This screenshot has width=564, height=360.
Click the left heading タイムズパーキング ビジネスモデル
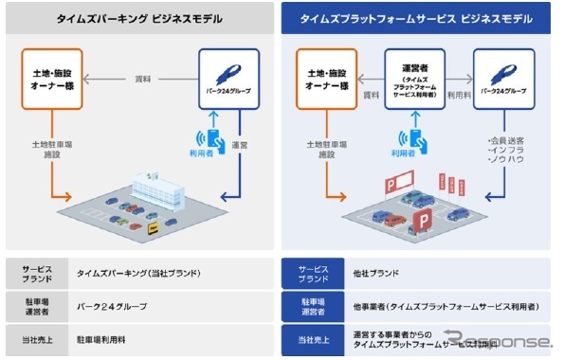(x=139, y=17)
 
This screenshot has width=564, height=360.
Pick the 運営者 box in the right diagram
(x=413, y=79)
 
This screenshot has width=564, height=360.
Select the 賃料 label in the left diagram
(x=144, y=80)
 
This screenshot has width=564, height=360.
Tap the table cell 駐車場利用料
(x=105, y=337)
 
